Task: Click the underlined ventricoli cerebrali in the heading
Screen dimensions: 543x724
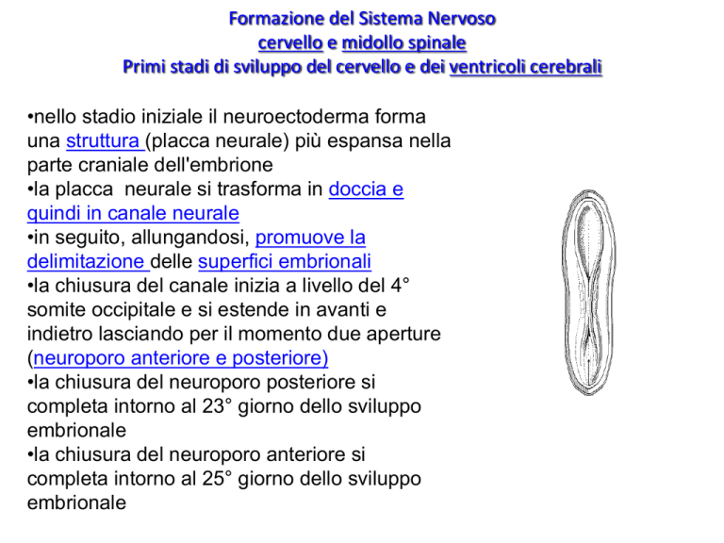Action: pos(529,68)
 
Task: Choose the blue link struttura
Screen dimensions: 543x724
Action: pos(105,140)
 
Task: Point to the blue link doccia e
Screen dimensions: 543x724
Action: pos(367,189)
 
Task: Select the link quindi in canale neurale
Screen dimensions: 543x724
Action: pos(133,213)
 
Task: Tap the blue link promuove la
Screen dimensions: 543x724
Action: pos(310,237)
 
